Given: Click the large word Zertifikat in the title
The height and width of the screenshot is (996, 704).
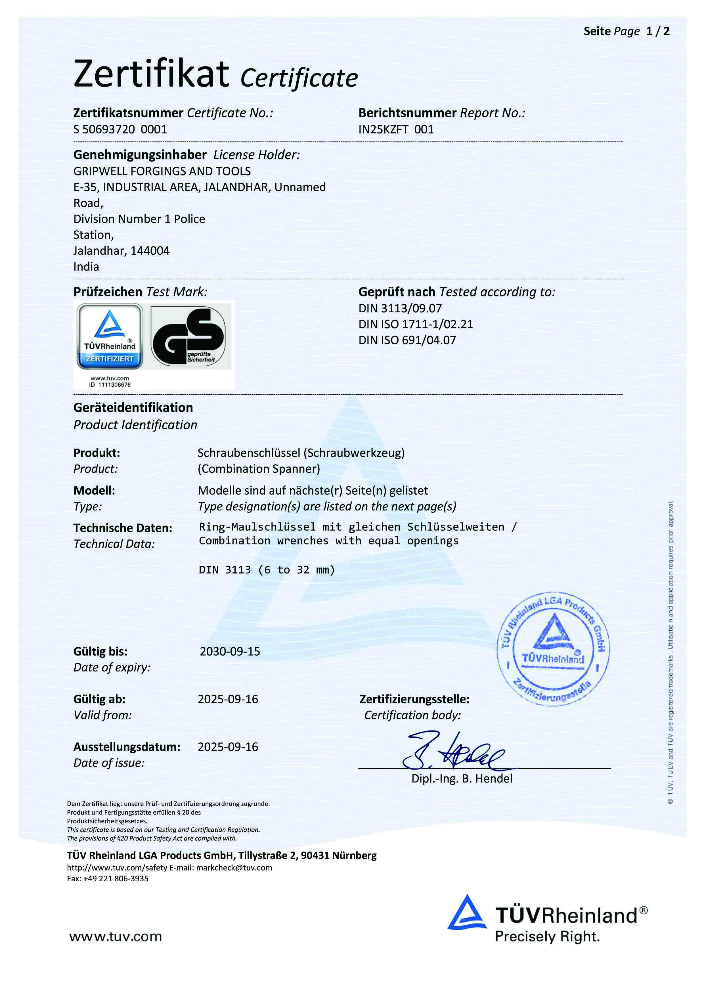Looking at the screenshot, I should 151,74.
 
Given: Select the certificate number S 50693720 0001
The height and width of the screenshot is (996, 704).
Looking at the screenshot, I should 120,129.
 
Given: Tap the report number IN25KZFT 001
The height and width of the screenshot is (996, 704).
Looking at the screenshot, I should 396,129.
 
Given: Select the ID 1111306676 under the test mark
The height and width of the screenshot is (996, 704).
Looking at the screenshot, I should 110,385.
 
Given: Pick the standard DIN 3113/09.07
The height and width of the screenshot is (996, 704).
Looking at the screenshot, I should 399,308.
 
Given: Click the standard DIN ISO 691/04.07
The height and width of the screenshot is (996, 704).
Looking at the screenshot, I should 407,340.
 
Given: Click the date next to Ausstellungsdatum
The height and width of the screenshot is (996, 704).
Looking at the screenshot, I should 228,747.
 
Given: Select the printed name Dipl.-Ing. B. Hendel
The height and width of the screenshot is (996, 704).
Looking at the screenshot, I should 462,779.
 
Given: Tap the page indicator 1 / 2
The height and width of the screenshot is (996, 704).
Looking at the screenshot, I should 658,31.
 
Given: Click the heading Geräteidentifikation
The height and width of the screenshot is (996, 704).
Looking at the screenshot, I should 133,408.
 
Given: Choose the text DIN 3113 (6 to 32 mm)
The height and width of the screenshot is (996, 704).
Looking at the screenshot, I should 267,570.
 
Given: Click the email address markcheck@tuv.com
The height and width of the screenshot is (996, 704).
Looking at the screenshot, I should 234,868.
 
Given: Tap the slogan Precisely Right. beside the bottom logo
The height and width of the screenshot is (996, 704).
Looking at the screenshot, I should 547,937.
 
